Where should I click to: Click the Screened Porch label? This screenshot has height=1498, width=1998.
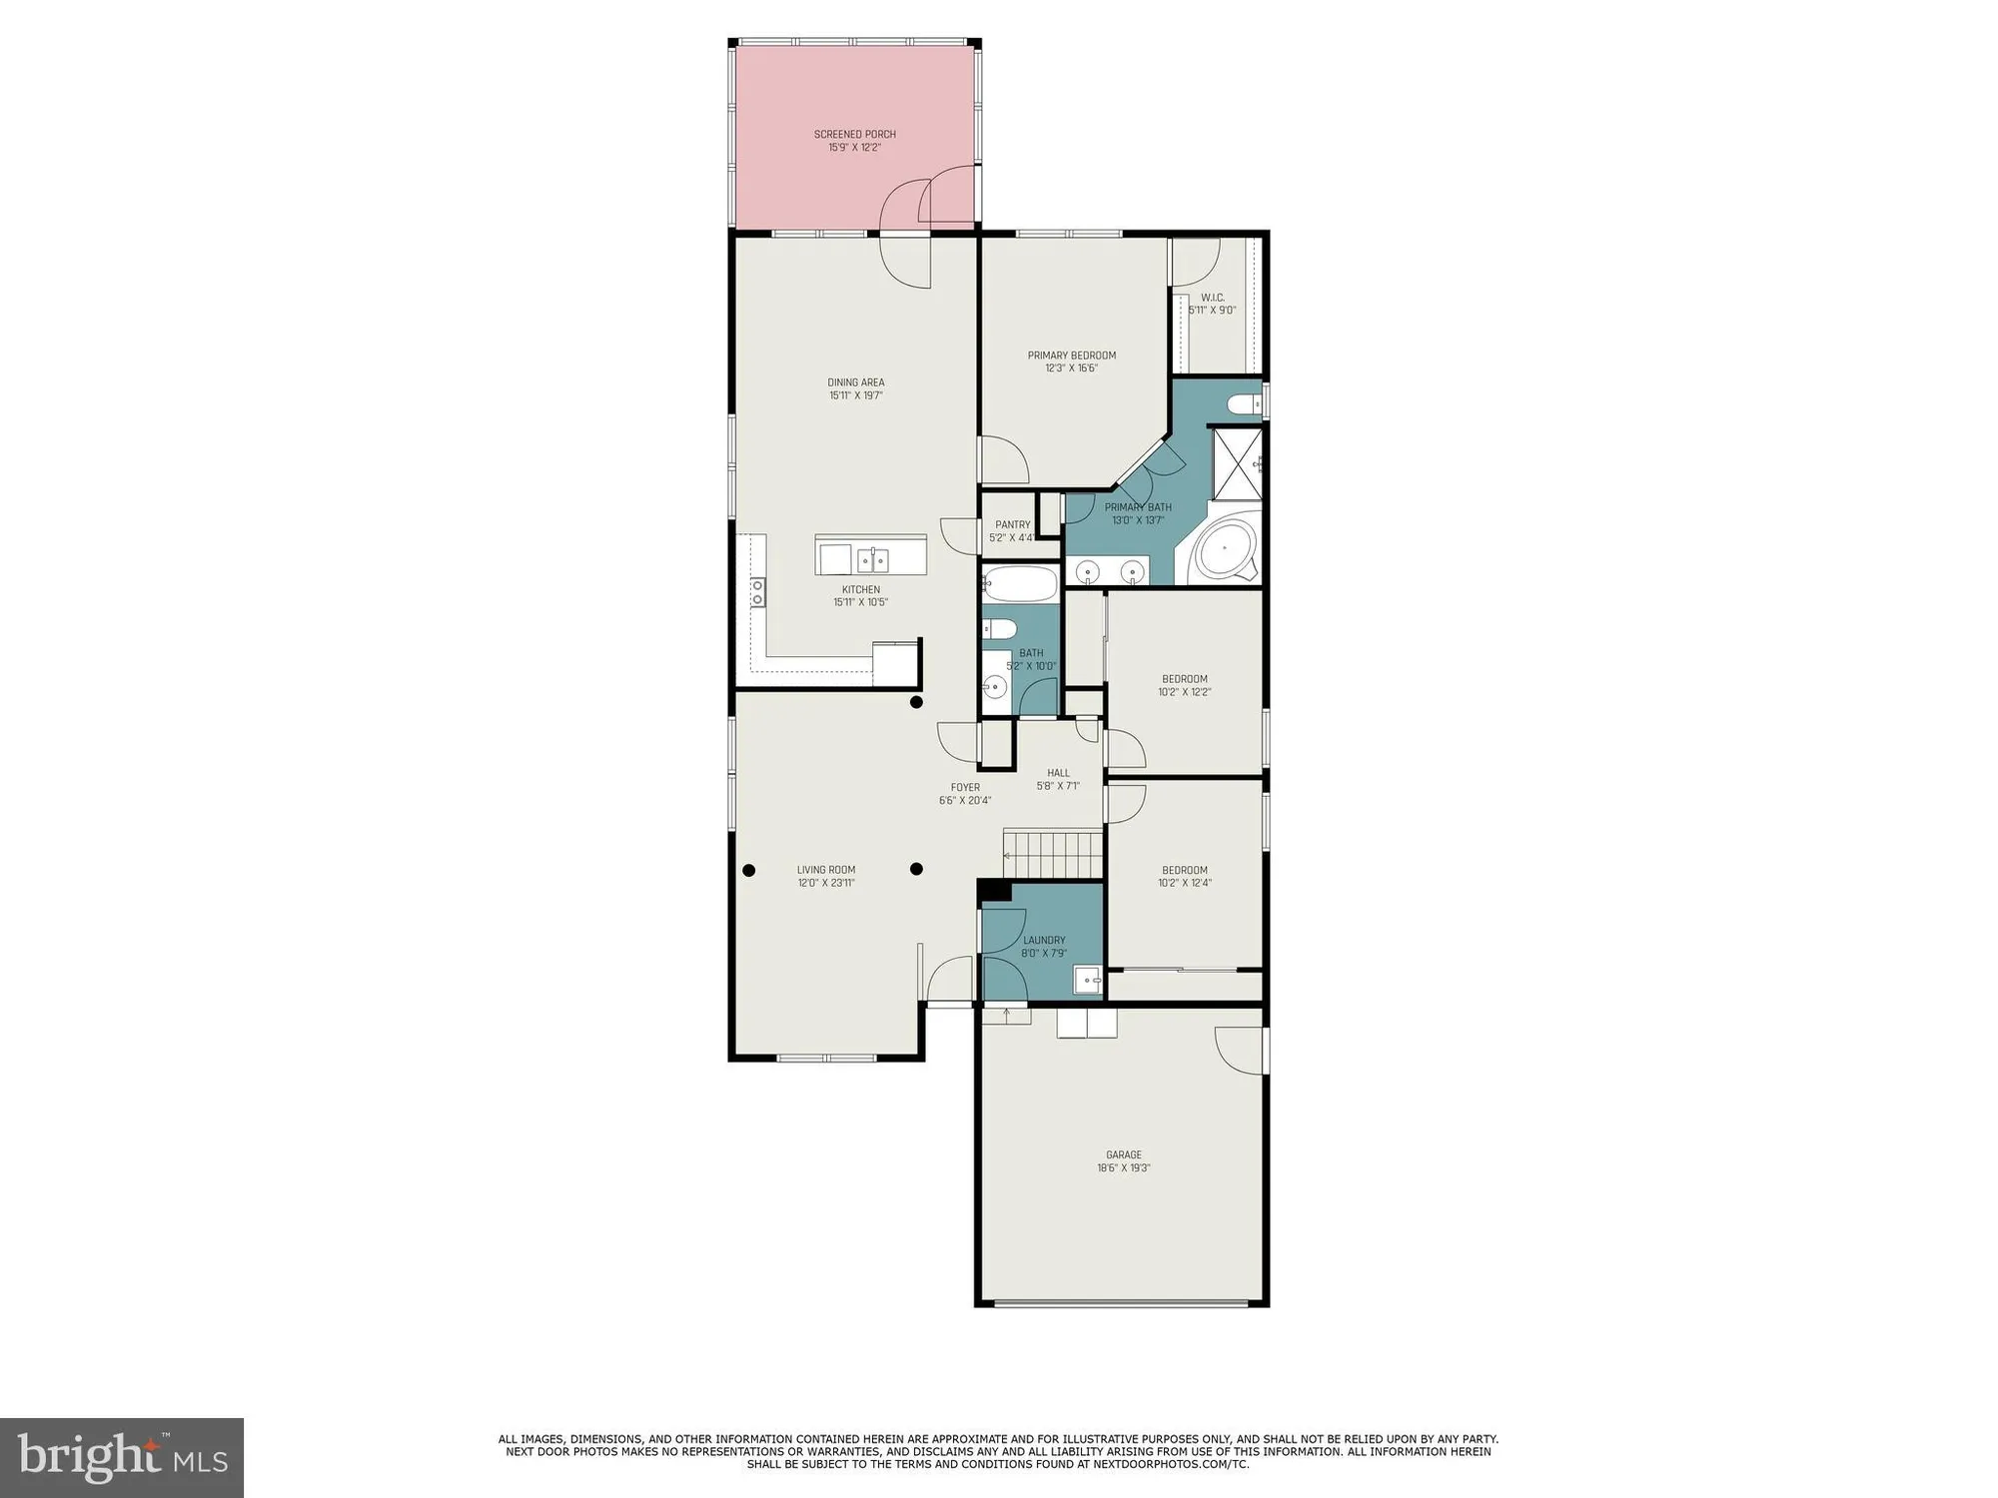click(x=854, y=134)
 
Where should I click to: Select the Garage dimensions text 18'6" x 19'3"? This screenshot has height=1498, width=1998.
click(x=1123, y=1167)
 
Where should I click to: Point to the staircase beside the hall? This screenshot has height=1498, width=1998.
click(x=1054, y=854)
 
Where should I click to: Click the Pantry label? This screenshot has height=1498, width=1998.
click(x=1012, y=524)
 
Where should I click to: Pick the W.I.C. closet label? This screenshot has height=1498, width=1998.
click(x=1212, y=298)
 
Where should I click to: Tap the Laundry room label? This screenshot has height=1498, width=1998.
click(x=1044, y=940)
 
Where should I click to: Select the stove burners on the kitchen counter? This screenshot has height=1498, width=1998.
click(x=758, y=592)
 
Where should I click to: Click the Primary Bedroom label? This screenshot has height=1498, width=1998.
click(x=1071, y=356)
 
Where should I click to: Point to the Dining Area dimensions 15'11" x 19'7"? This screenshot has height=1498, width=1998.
click(x=855, y=395)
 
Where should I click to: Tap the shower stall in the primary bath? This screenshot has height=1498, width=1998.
click(x=1237, y=463)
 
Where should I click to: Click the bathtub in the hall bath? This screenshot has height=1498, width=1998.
click(x=1020, y=583)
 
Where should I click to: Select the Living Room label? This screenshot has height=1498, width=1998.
click(x=825, y=870)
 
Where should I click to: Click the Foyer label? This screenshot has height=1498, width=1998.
click(x=964, y=787)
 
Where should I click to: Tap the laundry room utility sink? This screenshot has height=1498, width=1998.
click(x=1087, y=980)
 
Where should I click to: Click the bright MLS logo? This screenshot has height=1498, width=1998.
click(x=122, y=1458)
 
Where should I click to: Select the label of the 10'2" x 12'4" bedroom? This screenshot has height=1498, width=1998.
click(x=1184, y=870)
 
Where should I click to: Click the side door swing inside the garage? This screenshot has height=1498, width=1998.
click(x=1239, y=1049)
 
